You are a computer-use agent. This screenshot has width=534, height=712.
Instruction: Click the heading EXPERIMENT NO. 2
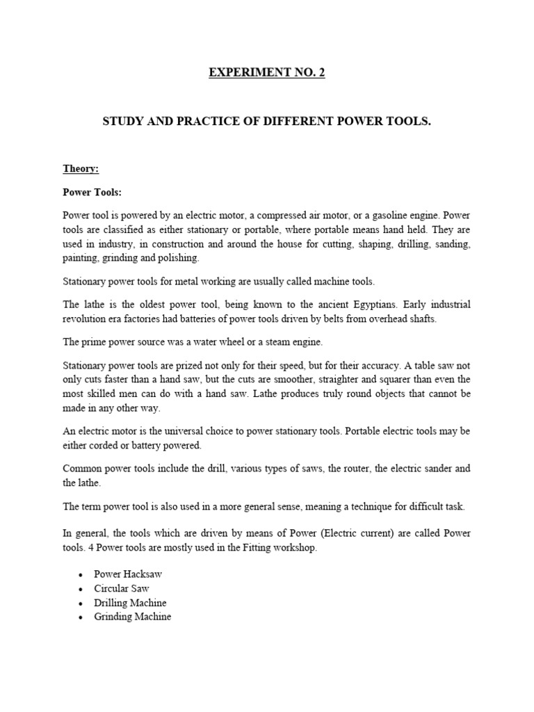coord(266,73)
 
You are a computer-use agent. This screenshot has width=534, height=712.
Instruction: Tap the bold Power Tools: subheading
coord(92,192)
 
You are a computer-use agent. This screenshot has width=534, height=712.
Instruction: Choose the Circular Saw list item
coord(122,588)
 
